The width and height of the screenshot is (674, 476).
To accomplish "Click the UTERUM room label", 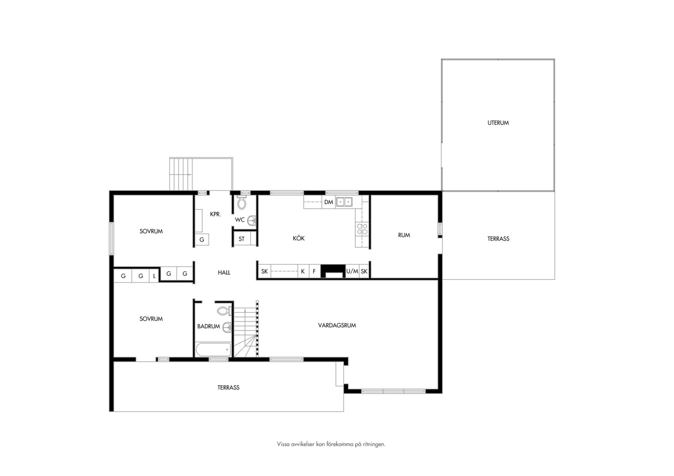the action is (x=498, y=123).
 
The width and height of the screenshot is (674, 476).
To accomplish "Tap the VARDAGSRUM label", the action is (x=337, y=325).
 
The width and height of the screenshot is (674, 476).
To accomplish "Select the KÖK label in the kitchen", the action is (x=299, y=238).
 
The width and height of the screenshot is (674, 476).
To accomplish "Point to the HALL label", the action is (x=224, y=272).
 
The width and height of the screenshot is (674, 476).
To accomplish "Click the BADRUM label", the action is (x=209, y=326).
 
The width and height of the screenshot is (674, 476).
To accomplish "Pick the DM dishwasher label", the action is (x=329, y=202).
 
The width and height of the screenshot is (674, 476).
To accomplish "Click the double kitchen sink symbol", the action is (x=344, y=202).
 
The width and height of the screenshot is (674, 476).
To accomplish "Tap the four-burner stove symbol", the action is (x=362, y=229).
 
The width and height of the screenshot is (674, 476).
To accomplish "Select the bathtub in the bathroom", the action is (x=213, y=350).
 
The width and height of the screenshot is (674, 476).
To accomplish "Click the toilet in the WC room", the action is (x=242, y=203).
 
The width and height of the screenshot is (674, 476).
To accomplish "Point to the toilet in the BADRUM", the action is (x=224, y=311).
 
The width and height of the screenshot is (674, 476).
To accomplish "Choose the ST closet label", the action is (x=241, y=239).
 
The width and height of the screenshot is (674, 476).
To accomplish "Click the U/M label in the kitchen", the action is (x=352, y=271).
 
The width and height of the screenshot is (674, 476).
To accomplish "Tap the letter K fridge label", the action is (x=303, y=271).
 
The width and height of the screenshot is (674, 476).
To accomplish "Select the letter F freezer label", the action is (x=314, y=271).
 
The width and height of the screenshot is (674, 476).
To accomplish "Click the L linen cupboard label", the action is (x=154, y=276).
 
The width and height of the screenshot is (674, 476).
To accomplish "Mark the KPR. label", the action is (x=215, y=214).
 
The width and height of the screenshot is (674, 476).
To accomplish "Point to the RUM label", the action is (x=404, y=235).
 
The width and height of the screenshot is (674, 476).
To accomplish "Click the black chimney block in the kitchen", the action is (x=333, y=270).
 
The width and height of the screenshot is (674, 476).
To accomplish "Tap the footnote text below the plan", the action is (x=331, y=444).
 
